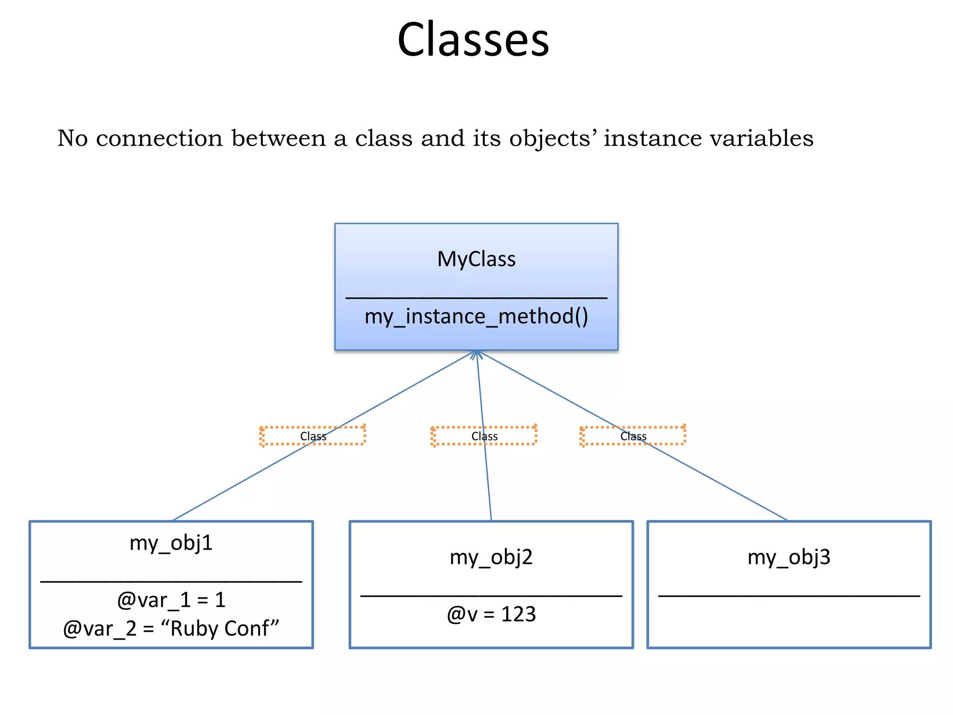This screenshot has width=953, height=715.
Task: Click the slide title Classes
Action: coord(473,40)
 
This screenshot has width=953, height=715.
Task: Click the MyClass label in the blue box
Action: coord(476,259)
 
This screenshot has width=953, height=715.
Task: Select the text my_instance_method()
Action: coord(476,317)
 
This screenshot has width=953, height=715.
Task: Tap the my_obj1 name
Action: coord(171,543)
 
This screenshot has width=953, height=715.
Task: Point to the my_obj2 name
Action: coord(491,557)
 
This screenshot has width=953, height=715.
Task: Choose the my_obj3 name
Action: coord(789,557)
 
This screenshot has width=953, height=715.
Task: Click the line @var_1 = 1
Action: coord(171,600)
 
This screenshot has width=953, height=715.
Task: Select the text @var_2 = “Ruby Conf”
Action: coord(171,628)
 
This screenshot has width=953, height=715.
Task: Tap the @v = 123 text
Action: coord(491,614)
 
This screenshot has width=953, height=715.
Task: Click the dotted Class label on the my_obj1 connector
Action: coord(313,436)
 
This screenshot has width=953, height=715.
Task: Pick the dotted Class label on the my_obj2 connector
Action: coord(484,436)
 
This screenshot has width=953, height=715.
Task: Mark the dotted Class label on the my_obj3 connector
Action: coord(633,436)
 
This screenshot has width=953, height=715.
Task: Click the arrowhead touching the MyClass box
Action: coord(476,355)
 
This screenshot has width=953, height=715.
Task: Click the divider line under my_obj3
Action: coord(789,595)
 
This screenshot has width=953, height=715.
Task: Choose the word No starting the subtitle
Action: coord(73,138)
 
